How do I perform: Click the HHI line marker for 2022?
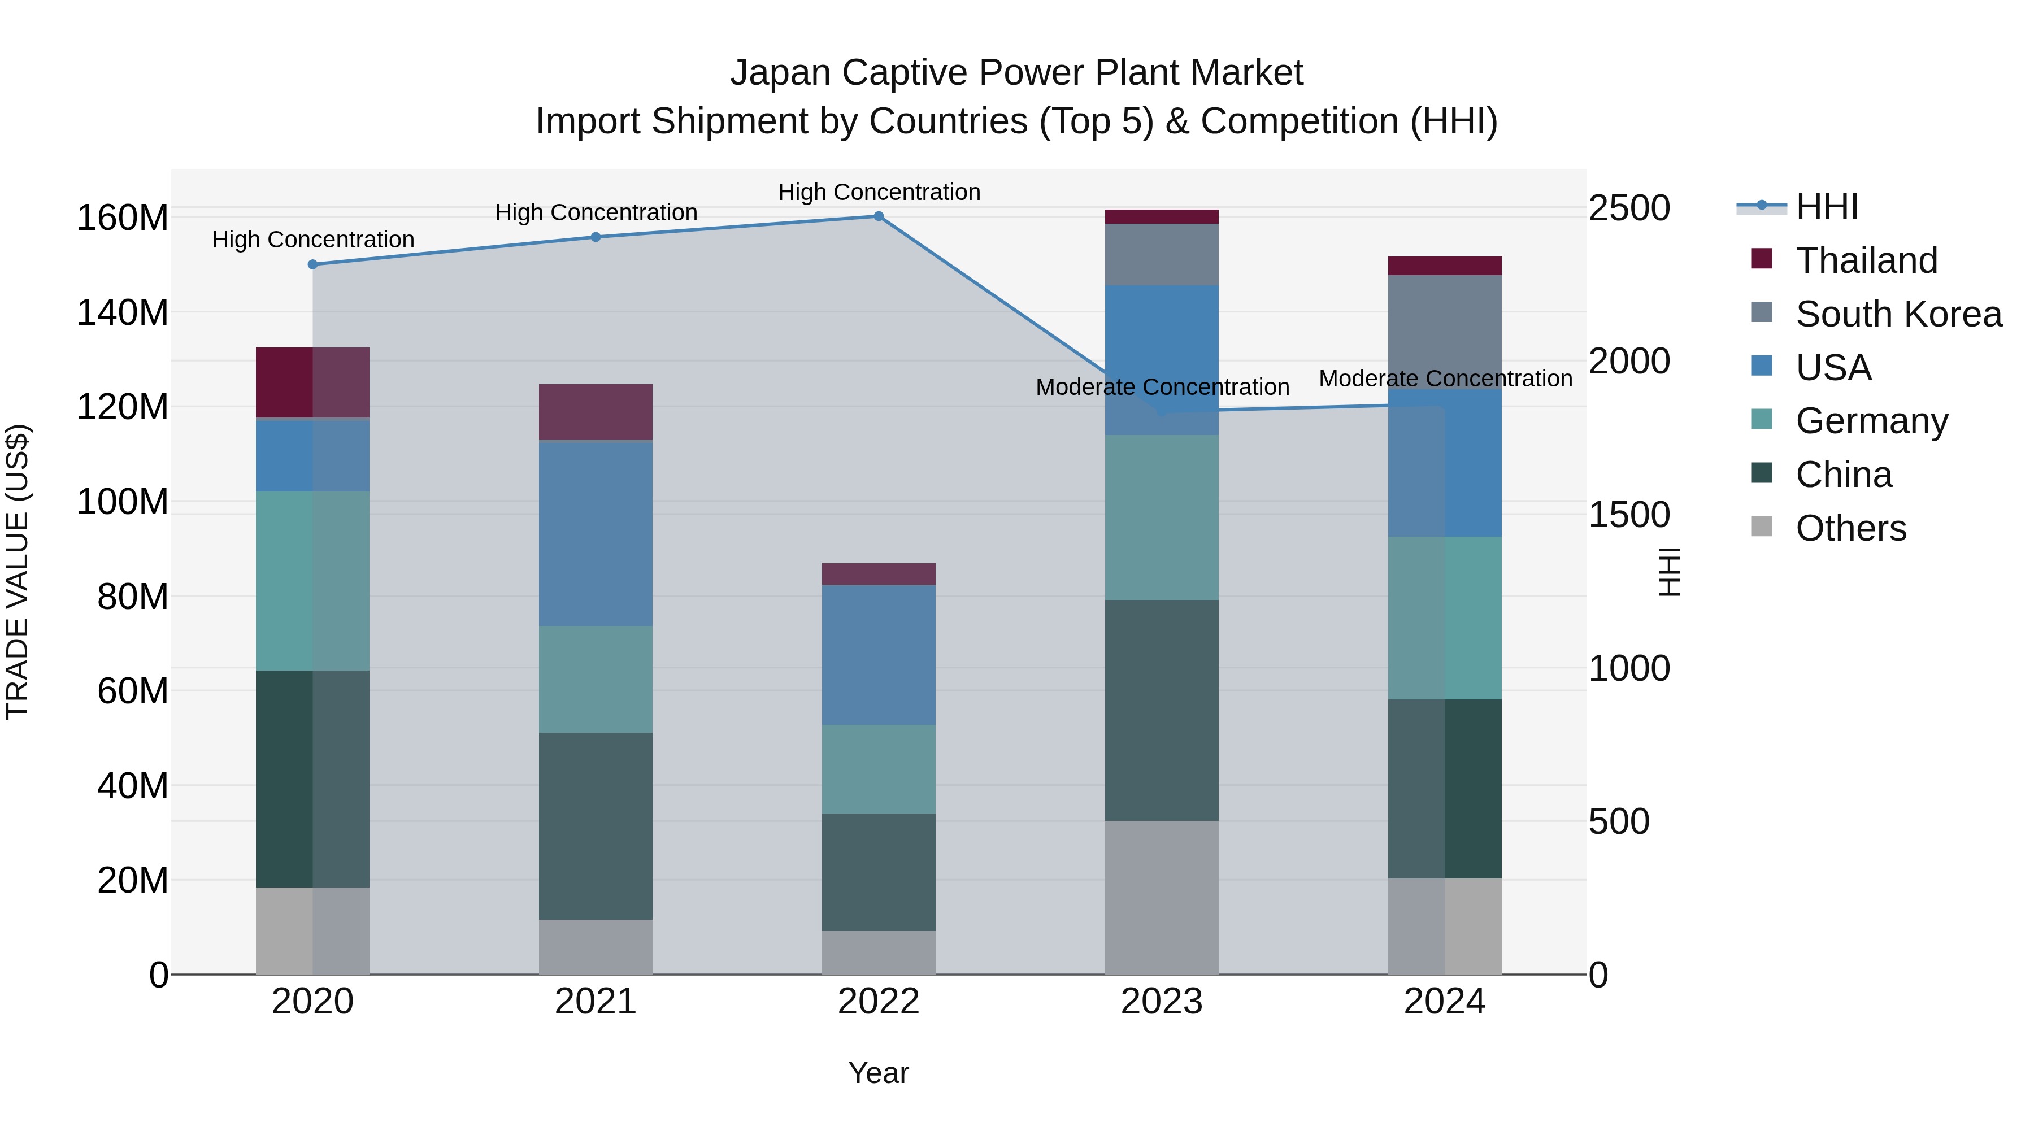[878, 216]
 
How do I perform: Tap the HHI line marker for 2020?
[312, 264]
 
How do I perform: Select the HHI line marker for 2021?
[596, 237]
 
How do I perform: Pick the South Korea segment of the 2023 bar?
[1162, 254]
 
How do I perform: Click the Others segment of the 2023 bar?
[1162, 897]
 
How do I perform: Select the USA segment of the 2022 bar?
[878, 655]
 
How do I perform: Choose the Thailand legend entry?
[1866, 260]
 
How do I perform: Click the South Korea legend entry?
[1898, 314]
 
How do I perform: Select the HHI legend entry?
[1826, 207]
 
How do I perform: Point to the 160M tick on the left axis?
[123, 218]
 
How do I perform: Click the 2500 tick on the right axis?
[1629, 208]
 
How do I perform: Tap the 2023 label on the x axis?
[1162, 1002]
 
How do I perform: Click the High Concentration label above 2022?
[879, 192]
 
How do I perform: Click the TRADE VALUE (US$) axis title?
[18, 572]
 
